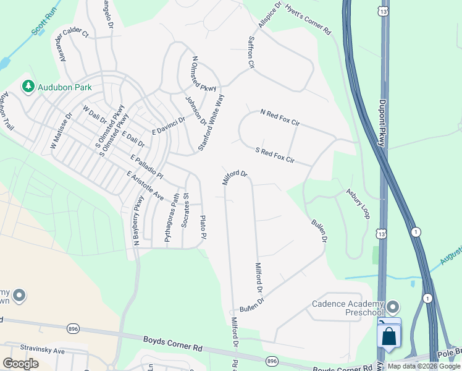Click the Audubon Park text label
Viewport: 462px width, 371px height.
(65, 87)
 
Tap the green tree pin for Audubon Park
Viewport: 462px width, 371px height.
(28, 87)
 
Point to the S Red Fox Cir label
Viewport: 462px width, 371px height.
(274, 156)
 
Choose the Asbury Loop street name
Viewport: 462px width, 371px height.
(358, 203)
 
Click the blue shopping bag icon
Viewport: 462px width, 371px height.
(389, 336)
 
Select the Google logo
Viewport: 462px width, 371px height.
(21, 363)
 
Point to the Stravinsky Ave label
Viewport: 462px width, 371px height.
(42, 350)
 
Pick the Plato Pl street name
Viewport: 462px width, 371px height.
(203, 228)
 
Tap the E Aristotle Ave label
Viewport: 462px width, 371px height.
(145, 185)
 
